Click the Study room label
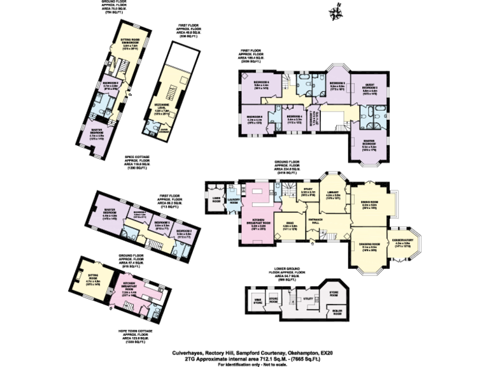[307, 191]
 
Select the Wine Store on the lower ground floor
[258, 301]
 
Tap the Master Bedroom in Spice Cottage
[97, 134]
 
